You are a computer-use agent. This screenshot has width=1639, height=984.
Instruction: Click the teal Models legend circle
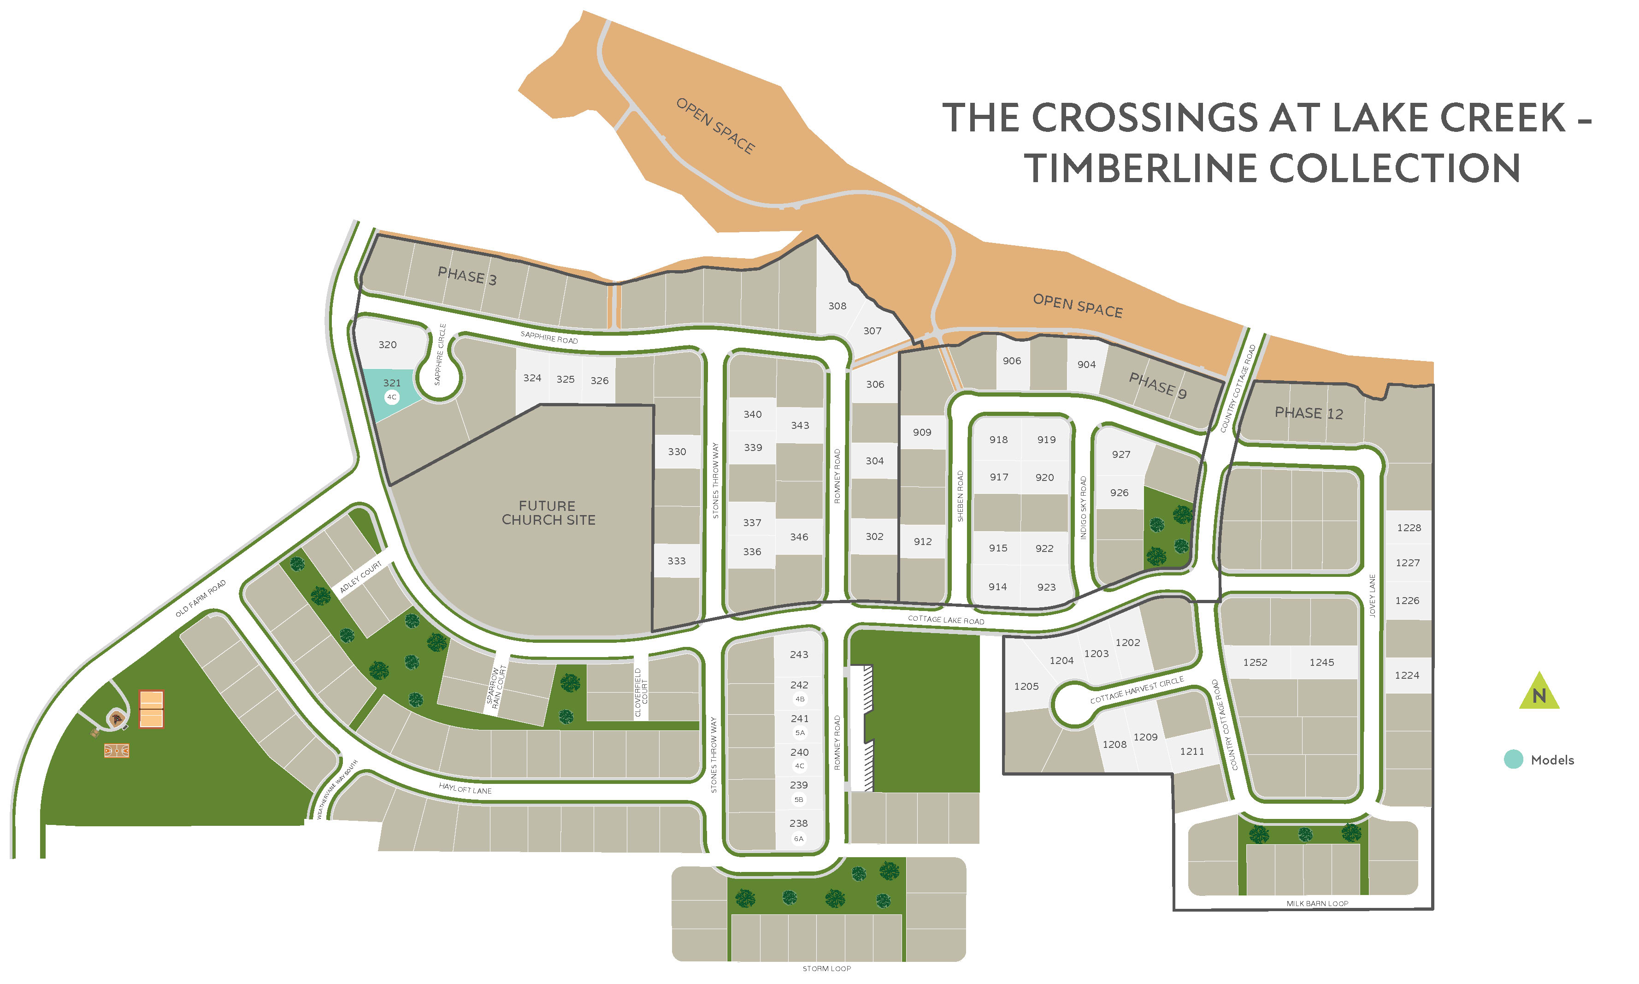[1513, 759]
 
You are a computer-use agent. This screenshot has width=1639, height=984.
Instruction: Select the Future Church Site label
[548, 513]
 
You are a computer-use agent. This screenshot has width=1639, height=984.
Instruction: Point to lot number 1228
[1409, 528]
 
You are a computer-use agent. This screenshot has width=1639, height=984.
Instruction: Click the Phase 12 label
[1308, 413]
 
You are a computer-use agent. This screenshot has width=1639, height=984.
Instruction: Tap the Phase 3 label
[466, 276]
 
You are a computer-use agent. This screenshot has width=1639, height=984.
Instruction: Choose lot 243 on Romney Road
[799, 654]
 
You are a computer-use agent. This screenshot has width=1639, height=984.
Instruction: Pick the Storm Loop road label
[826, 969]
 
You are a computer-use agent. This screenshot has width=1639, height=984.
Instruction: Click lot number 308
[837, 306]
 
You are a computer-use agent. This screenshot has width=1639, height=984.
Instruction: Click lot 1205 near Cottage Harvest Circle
[1026, 686]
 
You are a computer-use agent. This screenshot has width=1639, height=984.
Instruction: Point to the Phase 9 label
[1157, 385]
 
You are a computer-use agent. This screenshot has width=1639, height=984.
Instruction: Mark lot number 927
[1121, 454]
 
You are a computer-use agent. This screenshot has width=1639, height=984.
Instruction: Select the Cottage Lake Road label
[946, 620]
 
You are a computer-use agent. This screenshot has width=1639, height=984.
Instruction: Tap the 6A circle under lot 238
[799, 839]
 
